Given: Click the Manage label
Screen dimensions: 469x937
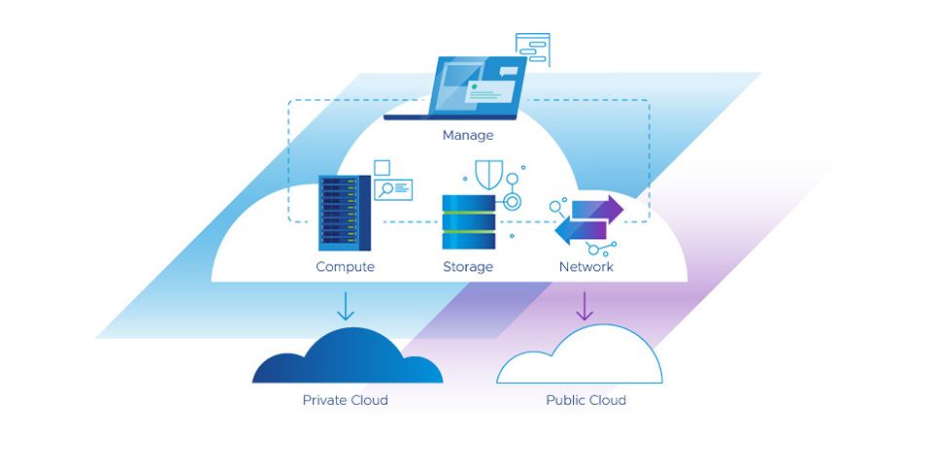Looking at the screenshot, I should click(x=468, y=135).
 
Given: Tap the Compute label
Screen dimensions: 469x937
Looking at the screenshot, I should click(x=345, y=266).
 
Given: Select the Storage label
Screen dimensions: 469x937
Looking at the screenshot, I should click(x=468, y=266).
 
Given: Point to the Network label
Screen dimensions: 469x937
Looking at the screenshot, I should click(x=586, y=266).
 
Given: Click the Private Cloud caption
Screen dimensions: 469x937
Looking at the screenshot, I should click(x=345, y=400).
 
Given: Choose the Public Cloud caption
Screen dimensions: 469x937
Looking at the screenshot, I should click(x=586, y=400).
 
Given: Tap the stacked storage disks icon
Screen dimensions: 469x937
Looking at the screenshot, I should click(x=469, y=222).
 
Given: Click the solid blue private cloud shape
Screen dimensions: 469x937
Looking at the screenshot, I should click(x=347, y=358).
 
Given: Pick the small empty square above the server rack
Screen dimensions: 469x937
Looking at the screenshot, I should click(x=383, y=167).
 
